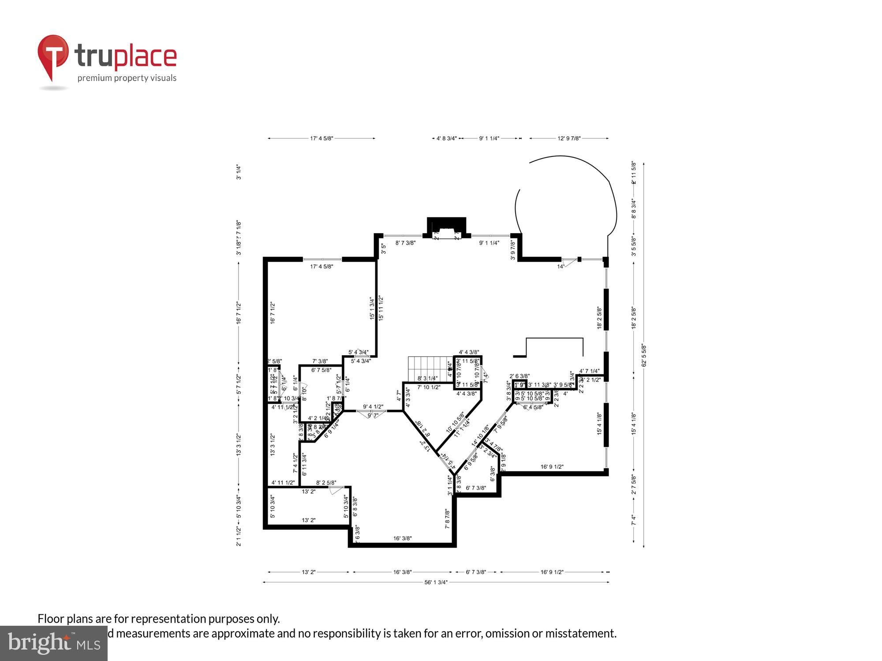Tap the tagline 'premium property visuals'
click(127, 78)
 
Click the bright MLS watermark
click(54, 643)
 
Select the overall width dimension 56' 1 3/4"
click(436, 582)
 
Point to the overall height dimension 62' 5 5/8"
click(644, 355)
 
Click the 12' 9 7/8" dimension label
click(569, 138)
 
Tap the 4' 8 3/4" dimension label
click(446, 138)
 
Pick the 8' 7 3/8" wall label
click(405, 243)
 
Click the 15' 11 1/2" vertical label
click(381, 308)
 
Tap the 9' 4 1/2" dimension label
click(373, 407)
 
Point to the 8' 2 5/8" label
click(326, 483)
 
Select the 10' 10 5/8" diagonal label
click(455, 422)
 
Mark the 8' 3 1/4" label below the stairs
click(427, 378)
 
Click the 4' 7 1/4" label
click(589, 371)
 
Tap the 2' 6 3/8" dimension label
click(519, 376)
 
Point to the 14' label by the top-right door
click(560, 267)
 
